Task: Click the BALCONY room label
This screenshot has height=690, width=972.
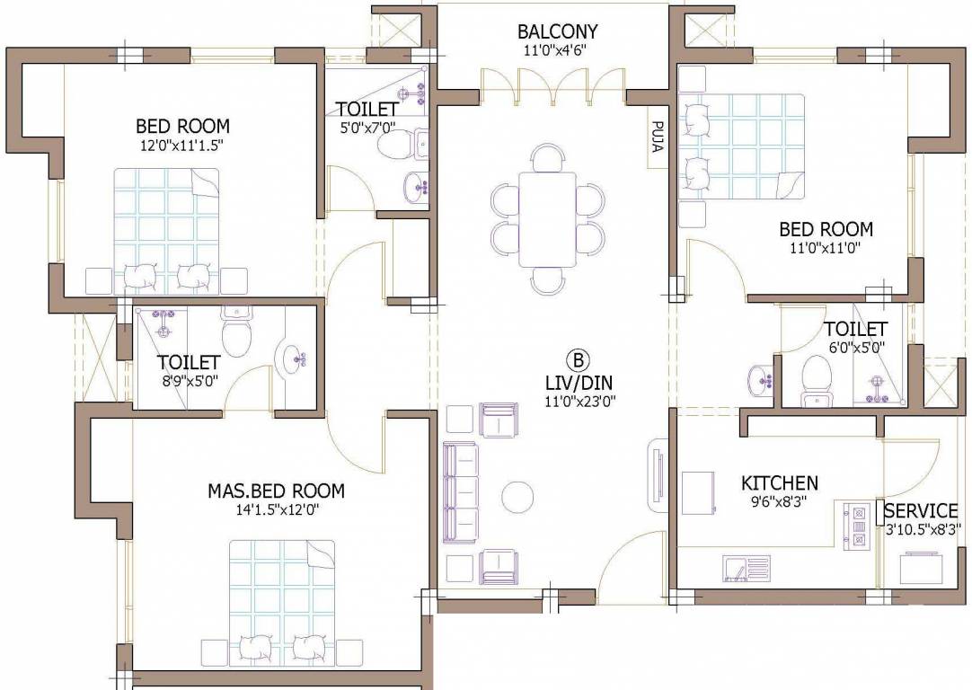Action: (557, 32)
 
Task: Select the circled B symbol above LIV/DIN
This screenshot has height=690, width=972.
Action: (579, 361)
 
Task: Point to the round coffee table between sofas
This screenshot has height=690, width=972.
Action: (517, 495)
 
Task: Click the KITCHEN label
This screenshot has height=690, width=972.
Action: (779, 483)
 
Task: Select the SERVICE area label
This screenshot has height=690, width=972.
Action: (921, 511)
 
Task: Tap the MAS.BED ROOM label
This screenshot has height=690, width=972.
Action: (276, 491)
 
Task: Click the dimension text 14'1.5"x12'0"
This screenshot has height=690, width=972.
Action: (276, 509)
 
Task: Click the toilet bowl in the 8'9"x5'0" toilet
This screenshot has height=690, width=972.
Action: (237, 336)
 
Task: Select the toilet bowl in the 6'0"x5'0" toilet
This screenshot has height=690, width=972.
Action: (817, 374)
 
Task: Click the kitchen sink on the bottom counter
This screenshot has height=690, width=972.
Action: (745, 568)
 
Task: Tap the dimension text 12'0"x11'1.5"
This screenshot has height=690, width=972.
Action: (182, 145)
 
